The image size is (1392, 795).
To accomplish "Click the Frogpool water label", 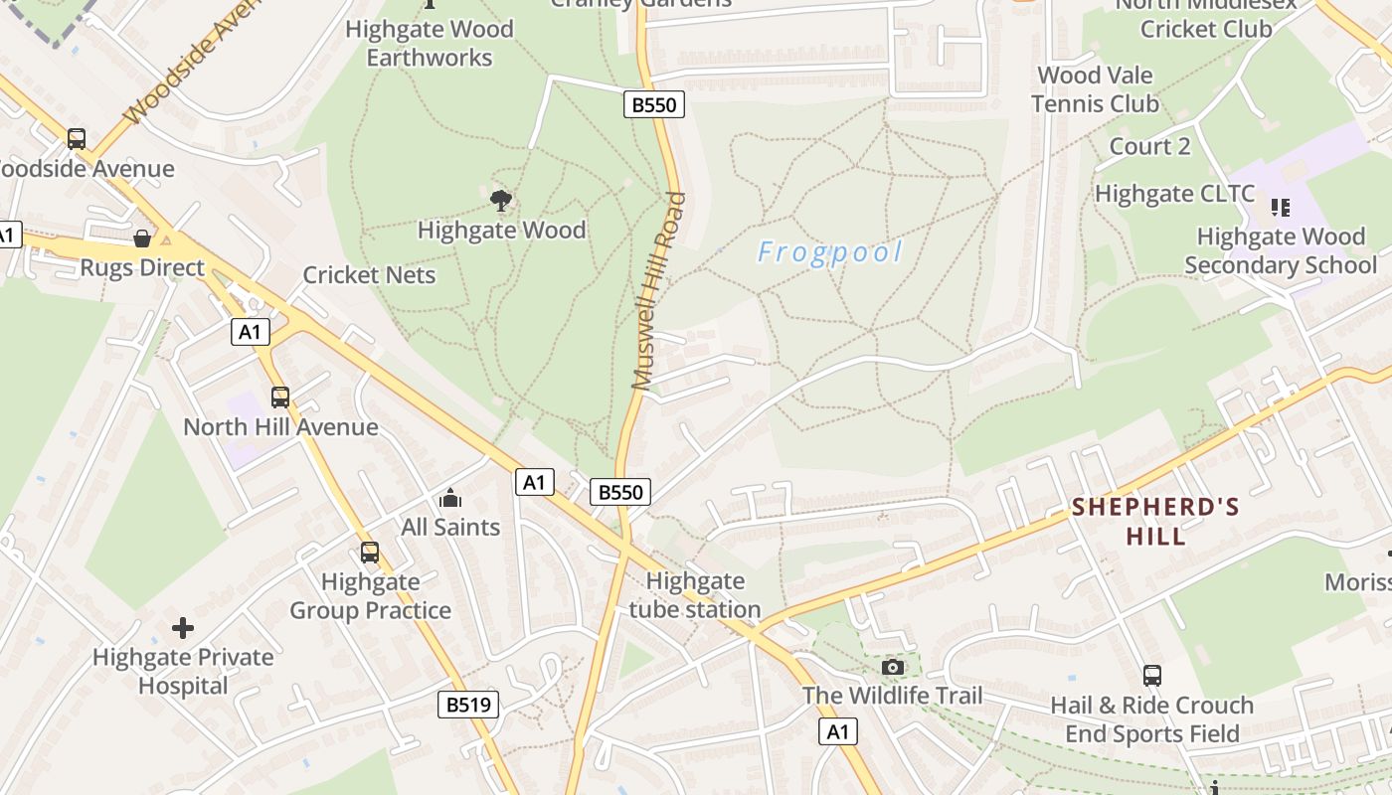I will pyautogui.click(x=830, y=252).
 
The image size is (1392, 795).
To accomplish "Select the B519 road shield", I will pyautogui.click(x=468, y=705).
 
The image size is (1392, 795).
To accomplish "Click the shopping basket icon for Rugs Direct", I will pyautogui.click(x=142, y=238).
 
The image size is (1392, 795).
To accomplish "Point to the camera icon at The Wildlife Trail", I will pyautogui.click(x=893, y=667).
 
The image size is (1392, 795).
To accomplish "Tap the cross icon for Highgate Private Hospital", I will pyautogui.click(x=183, y=628).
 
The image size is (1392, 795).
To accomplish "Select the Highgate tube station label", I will pyautogui.click(x=695, y=595).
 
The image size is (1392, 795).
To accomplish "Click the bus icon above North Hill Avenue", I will pyautogui.click(x=280, y=397).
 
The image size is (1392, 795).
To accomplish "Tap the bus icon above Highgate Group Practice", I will pyautogui.click(x=370, y=552).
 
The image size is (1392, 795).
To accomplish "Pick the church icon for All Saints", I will pyautogui.click(x=449, y=498).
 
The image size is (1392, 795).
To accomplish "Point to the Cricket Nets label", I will pyautogui.click(x=369, y=275).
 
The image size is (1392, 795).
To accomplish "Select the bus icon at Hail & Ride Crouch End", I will pyautogui.click(x=1152, y=676).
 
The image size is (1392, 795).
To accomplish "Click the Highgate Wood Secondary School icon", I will pyautogui.click(x=1281, y=208).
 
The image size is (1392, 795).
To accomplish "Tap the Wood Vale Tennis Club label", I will pyautogui.click(x=1095, y=89).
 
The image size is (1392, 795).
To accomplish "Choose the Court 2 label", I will pyautogui.click(x=1149, y=147).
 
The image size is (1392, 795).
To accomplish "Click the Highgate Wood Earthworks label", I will pyautogui.click(x=430, y=43).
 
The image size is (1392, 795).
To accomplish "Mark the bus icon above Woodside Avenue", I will pyautogui.click(x=77, y=139).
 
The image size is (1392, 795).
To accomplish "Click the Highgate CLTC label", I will pyautogui.click(x=1174, y=194).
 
